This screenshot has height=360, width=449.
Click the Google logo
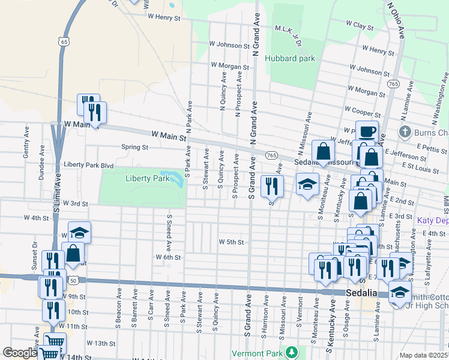pos(19,353)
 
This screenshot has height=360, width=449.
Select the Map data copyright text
pos(424,355)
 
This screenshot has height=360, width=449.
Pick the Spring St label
pos(134,147)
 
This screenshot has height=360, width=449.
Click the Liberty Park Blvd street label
pos(88,164)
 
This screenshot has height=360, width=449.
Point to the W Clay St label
pos(360,25)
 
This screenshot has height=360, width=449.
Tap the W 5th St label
pos(231,242)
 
